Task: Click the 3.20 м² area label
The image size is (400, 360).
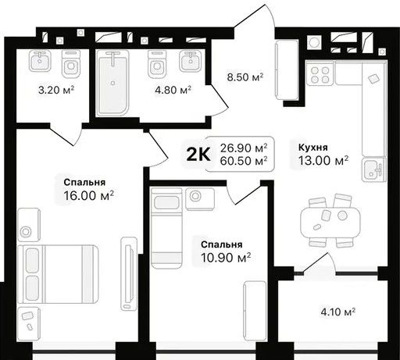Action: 56,90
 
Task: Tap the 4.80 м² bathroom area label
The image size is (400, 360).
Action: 173,90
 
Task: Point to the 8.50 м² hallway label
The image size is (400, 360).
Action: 245,77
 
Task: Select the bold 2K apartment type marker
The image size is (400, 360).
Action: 198,155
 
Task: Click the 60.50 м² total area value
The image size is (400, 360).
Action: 244,161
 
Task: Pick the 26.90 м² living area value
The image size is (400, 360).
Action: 244,148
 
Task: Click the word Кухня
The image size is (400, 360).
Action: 312,148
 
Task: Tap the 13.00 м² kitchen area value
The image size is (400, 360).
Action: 323,161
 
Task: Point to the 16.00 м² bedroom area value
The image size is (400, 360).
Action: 88,195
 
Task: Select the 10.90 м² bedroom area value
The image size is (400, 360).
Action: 226,258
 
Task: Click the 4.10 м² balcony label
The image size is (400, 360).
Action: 338,312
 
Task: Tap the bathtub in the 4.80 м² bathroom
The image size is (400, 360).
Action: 112,83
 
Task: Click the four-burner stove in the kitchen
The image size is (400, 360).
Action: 320,75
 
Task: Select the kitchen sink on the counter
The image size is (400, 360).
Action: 373,169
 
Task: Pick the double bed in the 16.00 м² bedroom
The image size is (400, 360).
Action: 59,274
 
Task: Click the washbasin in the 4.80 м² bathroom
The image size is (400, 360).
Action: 191,61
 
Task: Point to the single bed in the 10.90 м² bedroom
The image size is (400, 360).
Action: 166,228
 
